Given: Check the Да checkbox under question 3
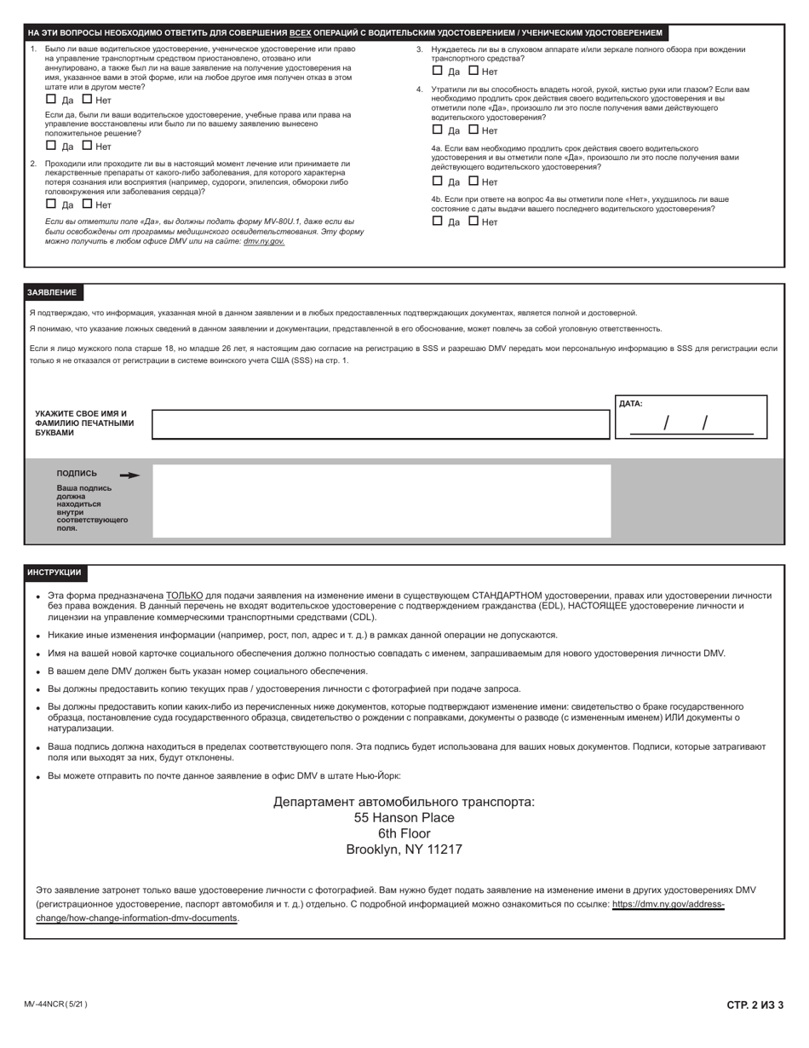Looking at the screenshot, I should pos(438,71).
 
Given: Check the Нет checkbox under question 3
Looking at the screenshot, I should pos(474,71).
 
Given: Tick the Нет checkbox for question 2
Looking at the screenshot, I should pos(87,204).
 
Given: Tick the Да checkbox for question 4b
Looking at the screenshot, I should pos(438,221).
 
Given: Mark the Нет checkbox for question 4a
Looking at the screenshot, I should pos(474,181).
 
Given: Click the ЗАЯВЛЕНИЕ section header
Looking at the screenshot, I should pos(52,292).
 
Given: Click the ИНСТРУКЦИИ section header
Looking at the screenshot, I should pos(55,573).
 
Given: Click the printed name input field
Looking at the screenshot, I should pos(381,424).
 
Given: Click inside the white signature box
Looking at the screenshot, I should pos(381,501).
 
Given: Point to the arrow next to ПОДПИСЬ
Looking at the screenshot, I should pos(129,475).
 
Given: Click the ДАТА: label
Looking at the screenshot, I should pos(630,404).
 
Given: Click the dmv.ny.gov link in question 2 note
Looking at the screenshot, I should pos(264,242).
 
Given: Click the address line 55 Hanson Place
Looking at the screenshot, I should pos(404,818).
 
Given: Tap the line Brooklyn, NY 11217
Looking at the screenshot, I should pos(404,849).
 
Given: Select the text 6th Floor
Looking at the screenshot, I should pos(404,833).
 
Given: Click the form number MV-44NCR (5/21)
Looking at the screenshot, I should pos(55,1005).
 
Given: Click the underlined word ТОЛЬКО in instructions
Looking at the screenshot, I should pos(184,596).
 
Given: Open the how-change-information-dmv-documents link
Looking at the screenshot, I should pos(136,918).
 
